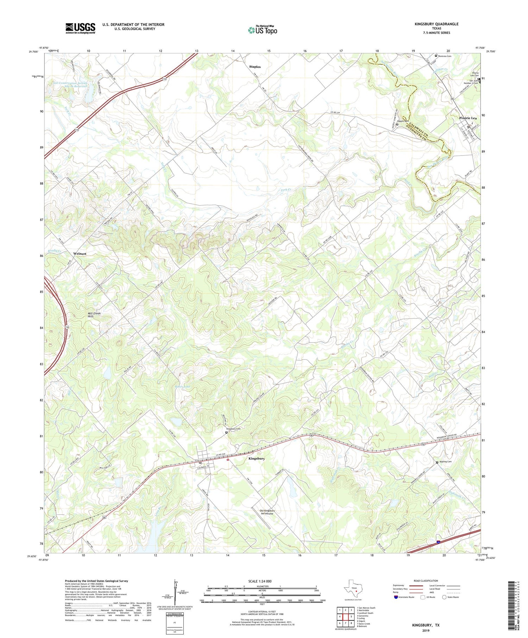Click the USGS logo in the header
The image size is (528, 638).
click(80, 28)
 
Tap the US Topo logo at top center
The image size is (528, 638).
click(263, 30)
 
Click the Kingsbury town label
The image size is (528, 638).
click(257, 459)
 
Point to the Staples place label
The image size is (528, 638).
click(255, 67)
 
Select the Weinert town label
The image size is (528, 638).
click(80, 253)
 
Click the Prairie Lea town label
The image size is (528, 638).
click(468, 118)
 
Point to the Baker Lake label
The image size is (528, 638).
click(182, 387)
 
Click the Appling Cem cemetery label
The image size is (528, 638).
click(445, 462)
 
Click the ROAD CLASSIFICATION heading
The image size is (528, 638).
click(426, 581)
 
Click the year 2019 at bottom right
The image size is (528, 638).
click(426, 630)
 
